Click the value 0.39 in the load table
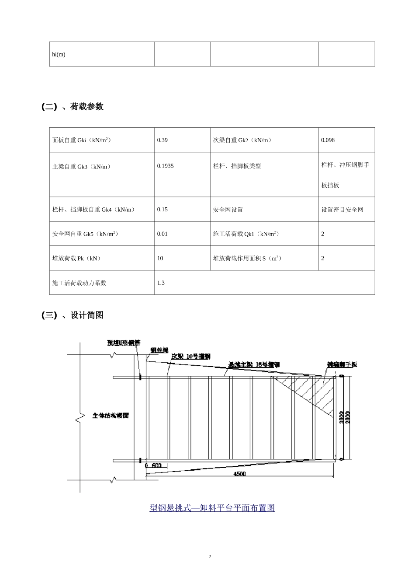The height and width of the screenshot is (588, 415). [x=163, y=140]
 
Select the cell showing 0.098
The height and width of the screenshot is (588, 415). [x=328, y=140]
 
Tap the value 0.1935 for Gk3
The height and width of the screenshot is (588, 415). [x=165, y=166]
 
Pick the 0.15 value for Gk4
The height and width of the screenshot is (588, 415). [x=163, y=209]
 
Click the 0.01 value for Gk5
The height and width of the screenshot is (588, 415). [x=163, y=234]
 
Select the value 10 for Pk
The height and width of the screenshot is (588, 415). [x=160, y=258]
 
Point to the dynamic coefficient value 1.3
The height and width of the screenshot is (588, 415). [x=161, y=283]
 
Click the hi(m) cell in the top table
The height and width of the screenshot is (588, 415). [x=59, y=54]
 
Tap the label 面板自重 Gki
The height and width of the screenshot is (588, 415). [x=82, y=140]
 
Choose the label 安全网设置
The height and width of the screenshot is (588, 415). [x=228, y=210]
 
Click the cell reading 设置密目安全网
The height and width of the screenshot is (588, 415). [x=342, y=210]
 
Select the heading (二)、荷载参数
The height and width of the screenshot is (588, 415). [x=73, y=106]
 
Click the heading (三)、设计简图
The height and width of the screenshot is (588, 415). [x=73, y=315]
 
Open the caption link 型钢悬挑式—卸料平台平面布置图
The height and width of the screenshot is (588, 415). [x=212, y=507]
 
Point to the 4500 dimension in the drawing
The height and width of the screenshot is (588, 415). [x=239, y=474]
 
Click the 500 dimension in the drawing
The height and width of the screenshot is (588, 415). [x=156, y=465]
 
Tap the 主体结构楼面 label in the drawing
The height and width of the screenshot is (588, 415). [x=111, y=416]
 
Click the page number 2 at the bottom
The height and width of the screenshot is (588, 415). [x=210, y=556]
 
